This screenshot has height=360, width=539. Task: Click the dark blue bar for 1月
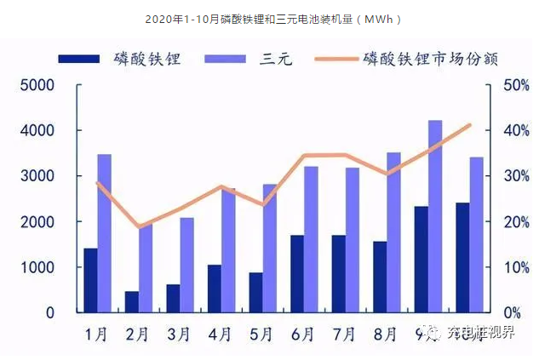[90, 280]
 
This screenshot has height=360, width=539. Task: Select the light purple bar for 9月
[435, 216]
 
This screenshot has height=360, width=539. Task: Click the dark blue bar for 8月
[380, 277]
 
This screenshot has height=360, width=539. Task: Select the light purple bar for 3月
[186, 265]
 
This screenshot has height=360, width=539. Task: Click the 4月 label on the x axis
[221, 333]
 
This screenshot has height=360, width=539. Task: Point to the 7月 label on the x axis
[345, 333]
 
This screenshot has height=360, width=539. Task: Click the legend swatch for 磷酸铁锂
[79, 59]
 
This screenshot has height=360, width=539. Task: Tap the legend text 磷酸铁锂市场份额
[430, 59]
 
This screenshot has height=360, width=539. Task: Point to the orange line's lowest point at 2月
[140, 227]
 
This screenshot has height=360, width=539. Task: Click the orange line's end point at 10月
[470, 125]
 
